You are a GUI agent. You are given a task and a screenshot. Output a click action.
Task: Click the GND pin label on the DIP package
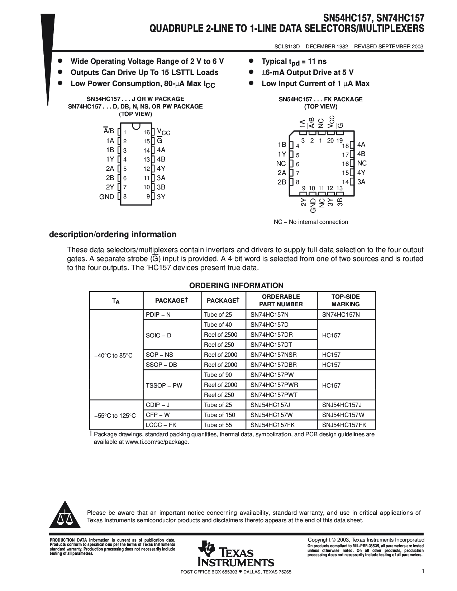106,197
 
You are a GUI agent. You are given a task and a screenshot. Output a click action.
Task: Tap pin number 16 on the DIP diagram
147,133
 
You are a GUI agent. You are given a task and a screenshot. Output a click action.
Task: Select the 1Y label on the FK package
282,154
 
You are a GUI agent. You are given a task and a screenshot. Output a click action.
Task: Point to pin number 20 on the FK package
330,141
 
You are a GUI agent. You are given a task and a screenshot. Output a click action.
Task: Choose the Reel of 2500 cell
220,335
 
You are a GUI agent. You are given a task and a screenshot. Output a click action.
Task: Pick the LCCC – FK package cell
161,425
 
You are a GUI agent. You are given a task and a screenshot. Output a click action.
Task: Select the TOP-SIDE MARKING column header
346,300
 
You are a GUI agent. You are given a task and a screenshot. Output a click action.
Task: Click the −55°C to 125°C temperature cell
115,415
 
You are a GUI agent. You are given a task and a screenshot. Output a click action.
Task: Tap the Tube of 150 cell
219,415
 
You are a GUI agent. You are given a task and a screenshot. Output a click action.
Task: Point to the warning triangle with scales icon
65,515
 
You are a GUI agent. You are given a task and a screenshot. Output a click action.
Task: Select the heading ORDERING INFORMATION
236,285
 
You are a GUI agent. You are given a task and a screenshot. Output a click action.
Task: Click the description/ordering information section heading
113,235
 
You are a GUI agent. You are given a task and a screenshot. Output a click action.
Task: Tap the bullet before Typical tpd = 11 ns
251,61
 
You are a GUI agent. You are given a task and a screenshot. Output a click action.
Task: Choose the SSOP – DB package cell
161,365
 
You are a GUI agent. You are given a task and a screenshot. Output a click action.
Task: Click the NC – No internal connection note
311,222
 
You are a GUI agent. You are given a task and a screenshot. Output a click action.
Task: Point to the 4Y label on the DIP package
161,169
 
